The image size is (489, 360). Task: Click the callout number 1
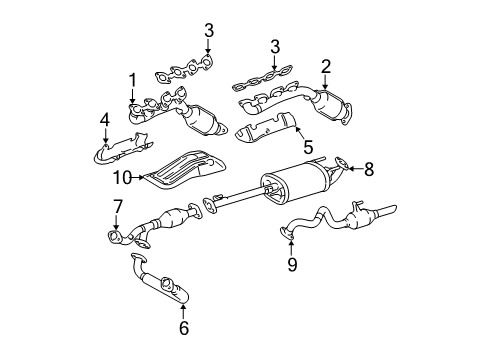pos(133,80)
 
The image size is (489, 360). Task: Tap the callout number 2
pos(326,67)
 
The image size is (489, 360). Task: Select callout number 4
pos(105,120)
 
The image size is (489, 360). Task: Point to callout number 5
pos(308,147)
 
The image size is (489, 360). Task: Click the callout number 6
pos(184,328)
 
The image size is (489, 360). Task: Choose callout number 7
pos(118,207)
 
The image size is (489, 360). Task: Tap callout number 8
pos(369,169)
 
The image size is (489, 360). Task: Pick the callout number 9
pos(292,264)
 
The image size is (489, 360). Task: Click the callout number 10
pos(122,178)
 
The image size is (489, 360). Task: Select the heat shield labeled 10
pos(184,170)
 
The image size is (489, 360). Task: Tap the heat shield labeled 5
pos(266,128)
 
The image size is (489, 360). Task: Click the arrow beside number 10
pos(138,178)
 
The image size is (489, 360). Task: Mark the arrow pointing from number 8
pos(356,169)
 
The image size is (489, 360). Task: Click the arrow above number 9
pos(292,247)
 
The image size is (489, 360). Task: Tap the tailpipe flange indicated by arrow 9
pos(287,233)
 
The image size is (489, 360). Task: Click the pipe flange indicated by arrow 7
pos(115,236)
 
